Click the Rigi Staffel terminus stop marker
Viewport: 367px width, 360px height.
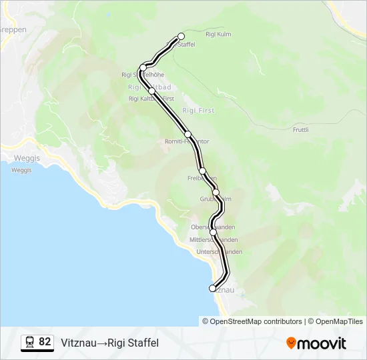[181, 37]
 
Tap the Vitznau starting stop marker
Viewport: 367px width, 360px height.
[213, 288]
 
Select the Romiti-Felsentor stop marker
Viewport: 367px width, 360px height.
[188, 134]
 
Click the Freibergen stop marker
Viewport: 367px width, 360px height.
[203, 171]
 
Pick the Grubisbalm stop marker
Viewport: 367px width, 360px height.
[216, 192]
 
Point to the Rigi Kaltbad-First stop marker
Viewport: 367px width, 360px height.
[152, 91]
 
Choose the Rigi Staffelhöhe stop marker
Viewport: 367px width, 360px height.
[143, 67]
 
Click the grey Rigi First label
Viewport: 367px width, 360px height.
[198, 111]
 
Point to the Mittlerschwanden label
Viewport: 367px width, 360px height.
[214, 239]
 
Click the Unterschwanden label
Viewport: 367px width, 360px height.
[219, 251]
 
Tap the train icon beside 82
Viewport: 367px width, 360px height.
[30, 342]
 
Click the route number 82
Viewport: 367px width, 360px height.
[45, 342]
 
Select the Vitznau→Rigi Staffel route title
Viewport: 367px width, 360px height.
[110, 343]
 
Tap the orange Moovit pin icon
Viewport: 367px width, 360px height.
[291, 343]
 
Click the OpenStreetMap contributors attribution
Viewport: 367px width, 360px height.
[256, 321]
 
